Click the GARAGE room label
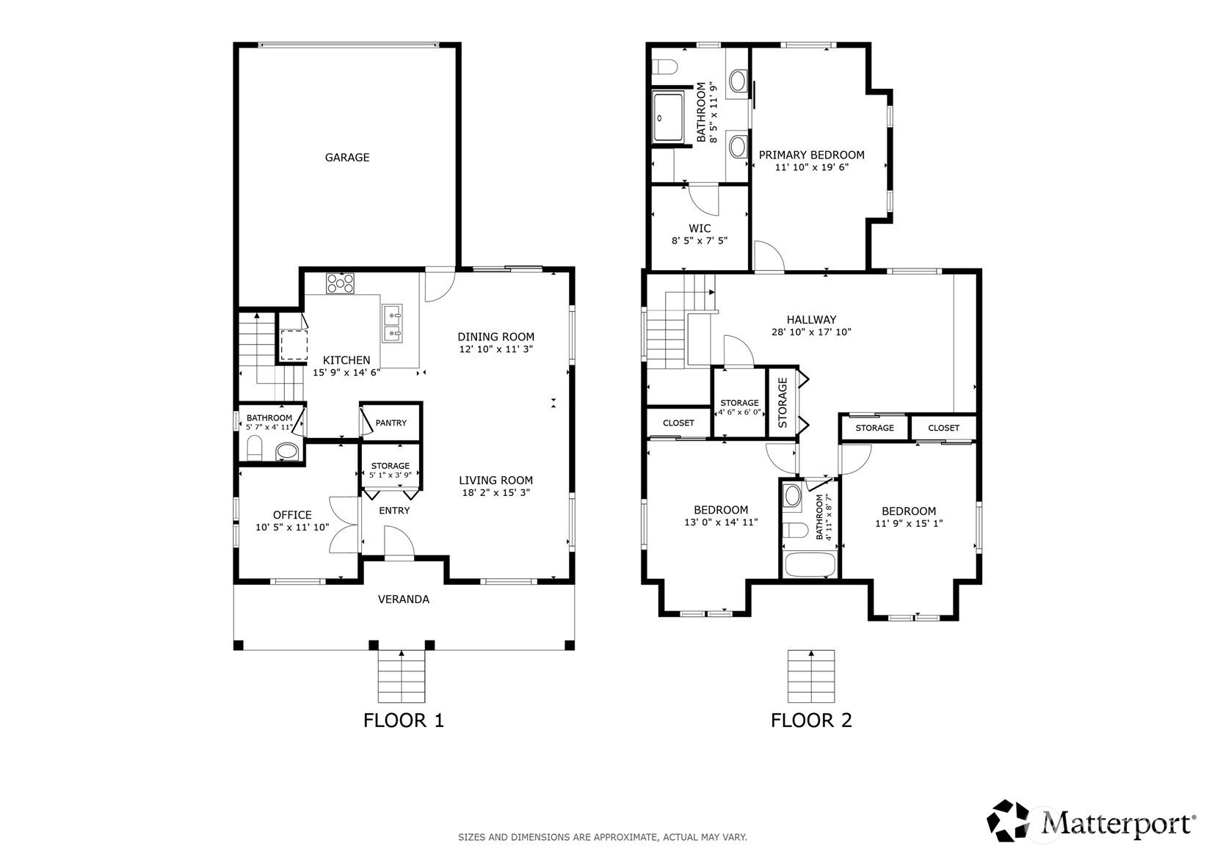click(x=347, y=158)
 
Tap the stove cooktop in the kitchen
click(x=340, y=283)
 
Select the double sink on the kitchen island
click(x=393, y=323)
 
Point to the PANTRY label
click(x=391, y=423)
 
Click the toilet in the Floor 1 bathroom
click(x=254, y=448)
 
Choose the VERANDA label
click(x=404, y=599)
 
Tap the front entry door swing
click(x=399, y=541)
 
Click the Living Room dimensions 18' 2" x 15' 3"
click(x=496, y=492)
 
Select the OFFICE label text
click(x=292, y=515)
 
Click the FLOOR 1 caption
click(x=404, y=720)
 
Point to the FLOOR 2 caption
click(x=811, y=720)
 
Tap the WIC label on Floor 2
click(x=700, y=229)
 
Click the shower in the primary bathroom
click(x=668, y=117)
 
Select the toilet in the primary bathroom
click(x=664, y=67)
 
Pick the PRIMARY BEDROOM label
click(x=812, y=156)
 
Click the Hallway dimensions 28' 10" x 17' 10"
click(x=811, y=332)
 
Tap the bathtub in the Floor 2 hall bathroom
click(x=810, y=565)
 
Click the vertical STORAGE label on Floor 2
click(x=783, y=403)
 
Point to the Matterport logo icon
click(x=1008, y=820)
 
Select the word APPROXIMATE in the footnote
click(x=625, y=837)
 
